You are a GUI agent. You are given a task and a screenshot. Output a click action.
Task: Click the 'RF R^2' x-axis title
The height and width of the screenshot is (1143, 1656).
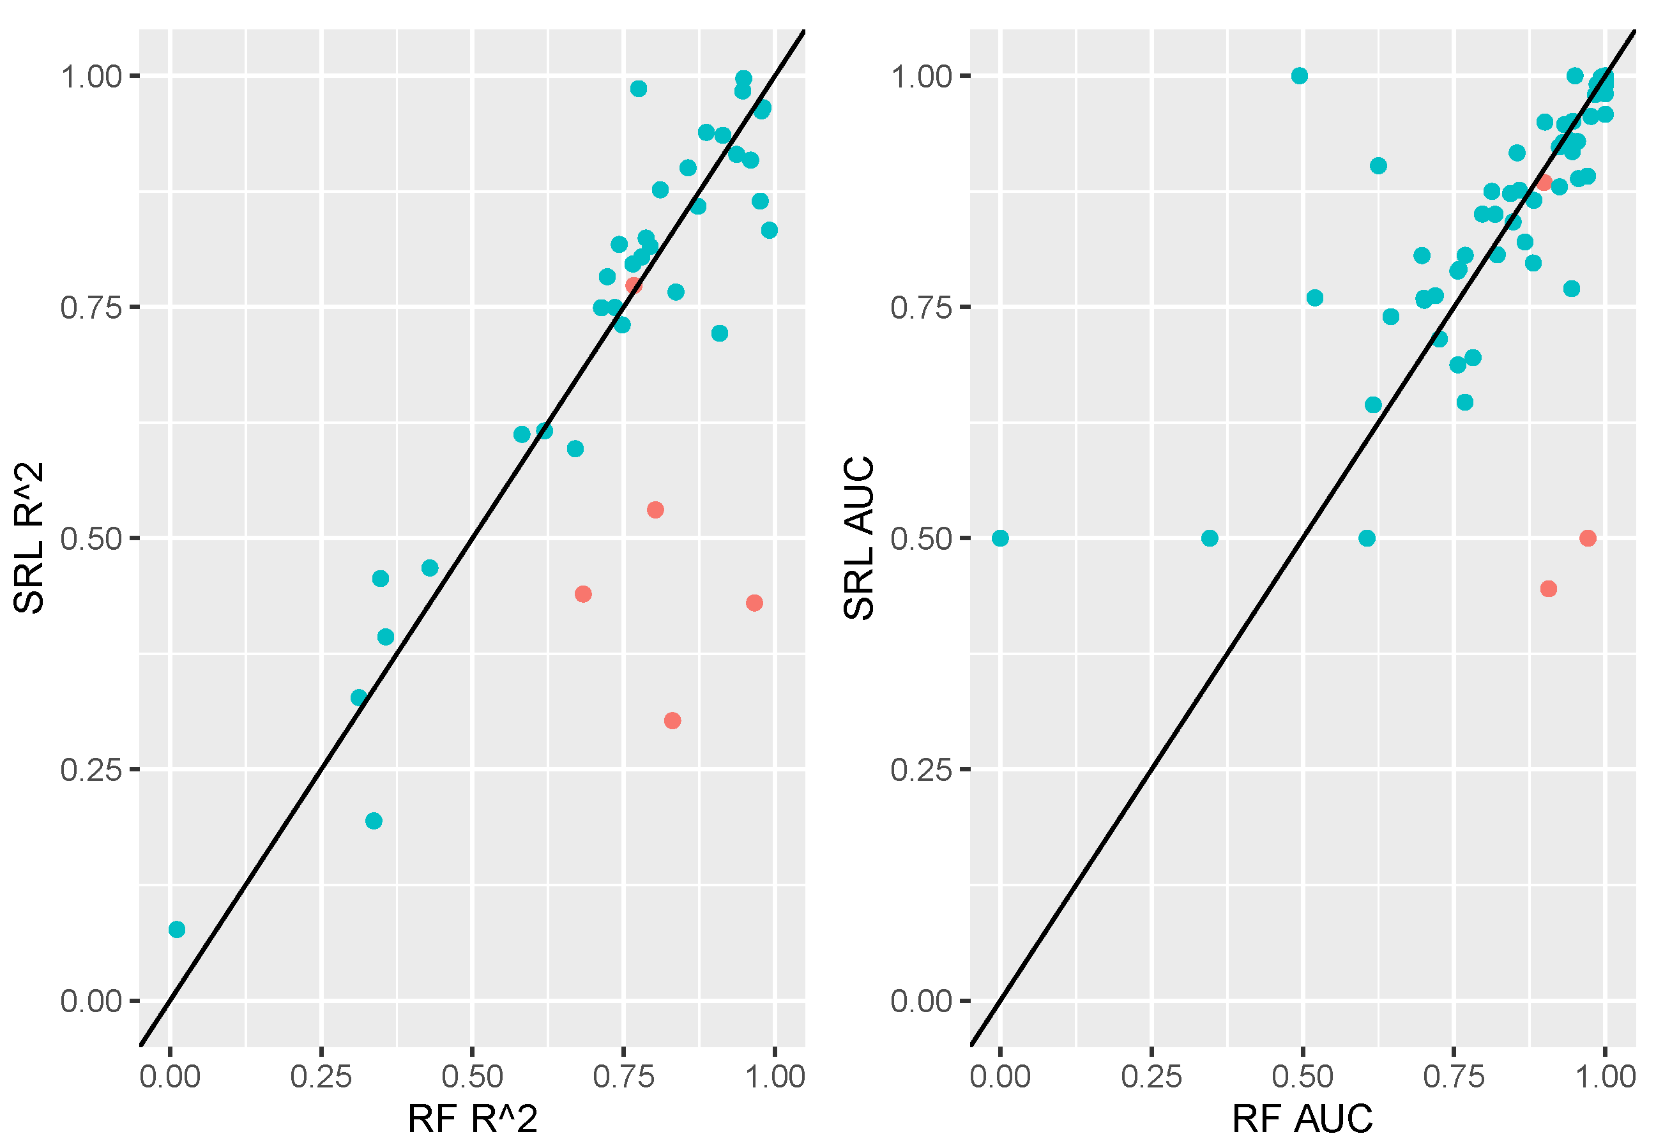[472, 1118]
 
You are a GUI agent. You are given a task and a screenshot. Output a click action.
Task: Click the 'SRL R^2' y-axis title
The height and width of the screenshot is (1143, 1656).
[29, 538]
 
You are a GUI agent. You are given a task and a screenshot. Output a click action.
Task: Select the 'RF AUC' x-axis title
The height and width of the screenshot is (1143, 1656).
[1302, 1118]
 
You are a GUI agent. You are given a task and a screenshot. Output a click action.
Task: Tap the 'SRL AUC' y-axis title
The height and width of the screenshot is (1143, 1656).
[859, 538]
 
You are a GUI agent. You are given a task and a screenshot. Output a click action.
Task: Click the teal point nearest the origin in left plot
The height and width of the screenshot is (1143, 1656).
[177, 930]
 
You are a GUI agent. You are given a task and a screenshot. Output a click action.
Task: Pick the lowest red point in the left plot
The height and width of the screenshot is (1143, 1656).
[672, 720]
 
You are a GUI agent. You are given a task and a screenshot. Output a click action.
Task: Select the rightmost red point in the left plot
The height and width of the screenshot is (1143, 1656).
[754, 603]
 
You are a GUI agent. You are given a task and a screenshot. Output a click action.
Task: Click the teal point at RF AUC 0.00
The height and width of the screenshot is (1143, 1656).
[1001, 538]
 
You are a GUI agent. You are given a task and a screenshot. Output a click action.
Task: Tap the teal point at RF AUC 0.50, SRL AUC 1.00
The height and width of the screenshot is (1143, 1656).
[1299, 76]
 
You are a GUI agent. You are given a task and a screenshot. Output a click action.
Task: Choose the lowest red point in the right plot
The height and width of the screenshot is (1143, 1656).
[1549, 589]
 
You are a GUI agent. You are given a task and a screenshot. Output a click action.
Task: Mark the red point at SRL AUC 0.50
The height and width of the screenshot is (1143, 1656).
[1588, 538]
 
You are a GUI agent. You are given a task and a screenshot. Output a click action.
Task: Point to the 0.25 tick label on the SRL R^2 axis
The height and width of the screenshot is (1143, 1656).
[91, 770]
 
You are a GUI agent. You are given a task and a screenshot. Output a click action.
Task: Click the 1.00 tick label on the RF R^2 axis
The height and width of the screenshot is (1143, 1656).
[776, 1077]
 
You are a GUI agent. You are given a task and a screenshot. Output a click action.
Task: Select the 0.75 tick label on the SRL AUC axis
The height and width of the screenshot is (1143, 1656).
[921, 308]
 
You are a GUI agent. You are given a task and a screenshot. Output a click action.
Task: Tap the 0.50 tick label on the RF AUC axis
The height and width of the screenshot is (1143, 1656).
[1302, 1077]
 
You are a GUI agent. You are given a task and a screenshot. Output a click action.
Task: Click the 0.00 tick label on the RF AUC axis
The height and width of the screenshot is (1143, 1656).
[1001, 1077]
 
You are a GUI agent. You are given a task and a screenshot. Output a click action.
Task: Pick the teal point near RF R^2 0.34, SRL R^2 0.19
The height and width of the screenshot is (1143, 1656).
[374, 821]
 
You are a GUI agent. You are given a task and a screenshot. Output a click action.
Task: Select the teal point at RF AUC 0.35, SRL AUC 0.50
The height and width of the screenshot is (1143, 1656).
[1210, 538]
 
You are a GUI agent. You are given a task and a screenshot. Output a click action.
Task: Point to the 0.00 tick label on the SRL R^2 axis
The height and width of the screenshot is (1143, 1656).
[91, 1001]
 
